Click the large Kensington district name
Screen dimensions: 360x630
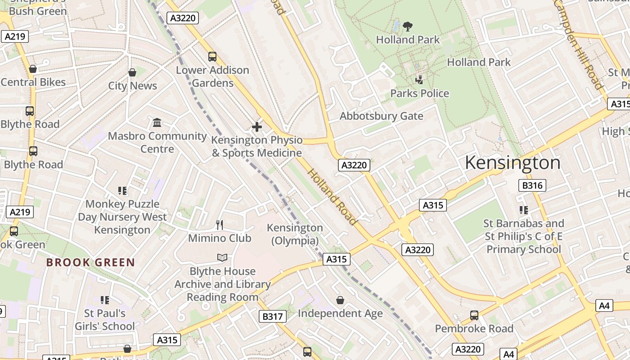pyautogui.click(x=513, y=162)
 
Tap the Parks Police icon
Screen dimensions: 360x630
pyautogui.click(x=419, y=80)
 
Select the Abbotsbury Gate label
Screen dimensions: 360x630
pyautogui.click(x=381, y=116)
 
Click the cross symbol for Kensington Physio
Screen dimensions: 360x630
pyautogui.click(x=257, y=127)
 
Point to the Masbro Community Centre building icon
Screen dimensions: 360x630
pyautogui.click(x=157, y=122)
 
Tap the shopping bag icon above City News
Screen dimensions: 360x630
pyautogui.click(x=132, y=72)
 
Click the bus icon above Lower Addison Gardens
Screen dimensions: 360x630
pyautogui.click(x=212, y=57)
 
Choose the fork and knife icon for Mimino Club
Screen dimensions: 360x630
pyautogui.click(x=220, y=225)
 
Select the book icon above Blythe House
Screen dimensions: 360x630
pyautogui.click(x=222, y=257)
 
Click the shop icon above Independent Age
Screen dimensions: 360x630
pyautogui.click(x=340, y=300)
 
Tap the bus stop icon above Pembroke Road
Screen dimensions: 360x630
pyautogui.click(x=474, y=315)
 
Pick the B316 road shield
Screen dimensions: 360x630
pyautogui.click(x=532, y=185)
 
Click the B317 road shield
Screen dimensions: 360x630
pyautogui.click(x=273, y=316)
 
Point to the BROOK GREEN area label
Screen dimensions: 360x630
pyautogui.click(x=90, y=262)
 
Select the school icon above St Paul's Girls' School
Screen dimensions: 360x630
pyautogui.click(x=105, y=300)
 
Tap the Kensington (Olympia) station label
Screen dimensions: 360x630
pyautogui.click(x=295, y=234)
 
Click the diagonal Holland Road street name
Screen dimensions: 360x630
pyautogui.click(x=333, y=197)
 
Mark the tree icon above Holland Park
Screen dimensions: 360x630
pyautogui.click(x=408, y=27)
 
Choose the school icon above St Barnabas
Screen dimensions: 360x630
pyautogui.click(x=523, y=210)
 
